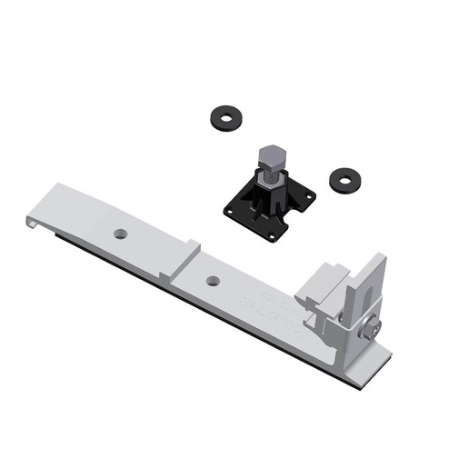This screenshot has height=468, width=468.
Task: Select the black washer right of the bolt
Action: click(x=343, y=178)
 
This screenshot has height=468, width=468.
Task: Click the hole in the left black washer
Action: click(x=222, y=116)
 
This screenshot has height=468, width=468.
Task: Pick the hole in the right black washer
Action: click(x=343, y=177)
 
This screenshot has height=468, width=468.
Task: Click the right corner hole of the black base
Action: click(x=307, y=195)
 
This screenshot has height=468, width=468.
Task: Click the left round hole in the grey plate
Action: click(x=120, y=234)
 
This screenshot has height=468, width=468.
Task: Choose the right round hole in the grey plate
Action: click(x=212, y=281)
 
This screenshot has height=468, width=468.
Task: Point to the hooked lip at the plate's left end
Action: click(x=34, y=219)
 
